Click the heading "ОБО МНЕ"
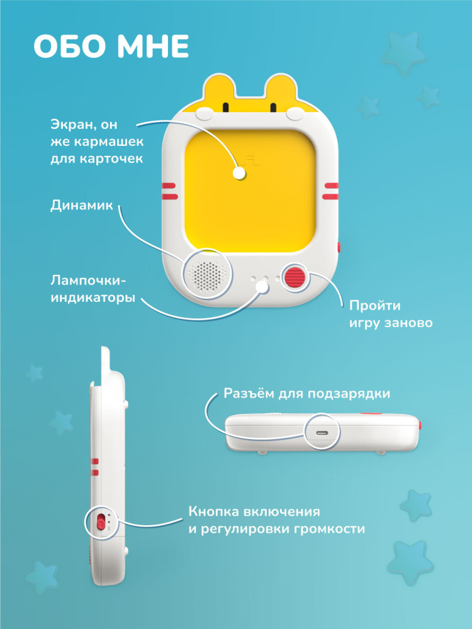point(111,47)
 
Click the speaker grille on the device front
point(206,274)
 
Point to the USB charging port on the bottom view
point(322,433)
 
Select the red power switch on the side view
point(100,522)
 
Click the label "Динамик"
point(81,205)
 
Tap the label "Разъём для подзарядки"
point(306,393)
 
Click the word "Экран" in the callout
point(72,125)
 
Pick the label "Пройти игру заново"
point(391,314)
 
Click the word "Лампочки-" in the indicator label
point(88,280)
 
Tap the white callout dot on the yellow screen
point(239,174)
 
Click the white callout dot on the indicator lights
point(262,287)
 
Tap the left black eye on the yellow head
point(225,108)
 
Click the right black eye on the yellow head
point(273,108)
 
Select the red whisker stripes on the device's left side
point(169,191)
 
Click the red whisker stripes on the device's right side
point(331,191)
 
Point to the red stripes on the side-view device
point(95,467)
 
